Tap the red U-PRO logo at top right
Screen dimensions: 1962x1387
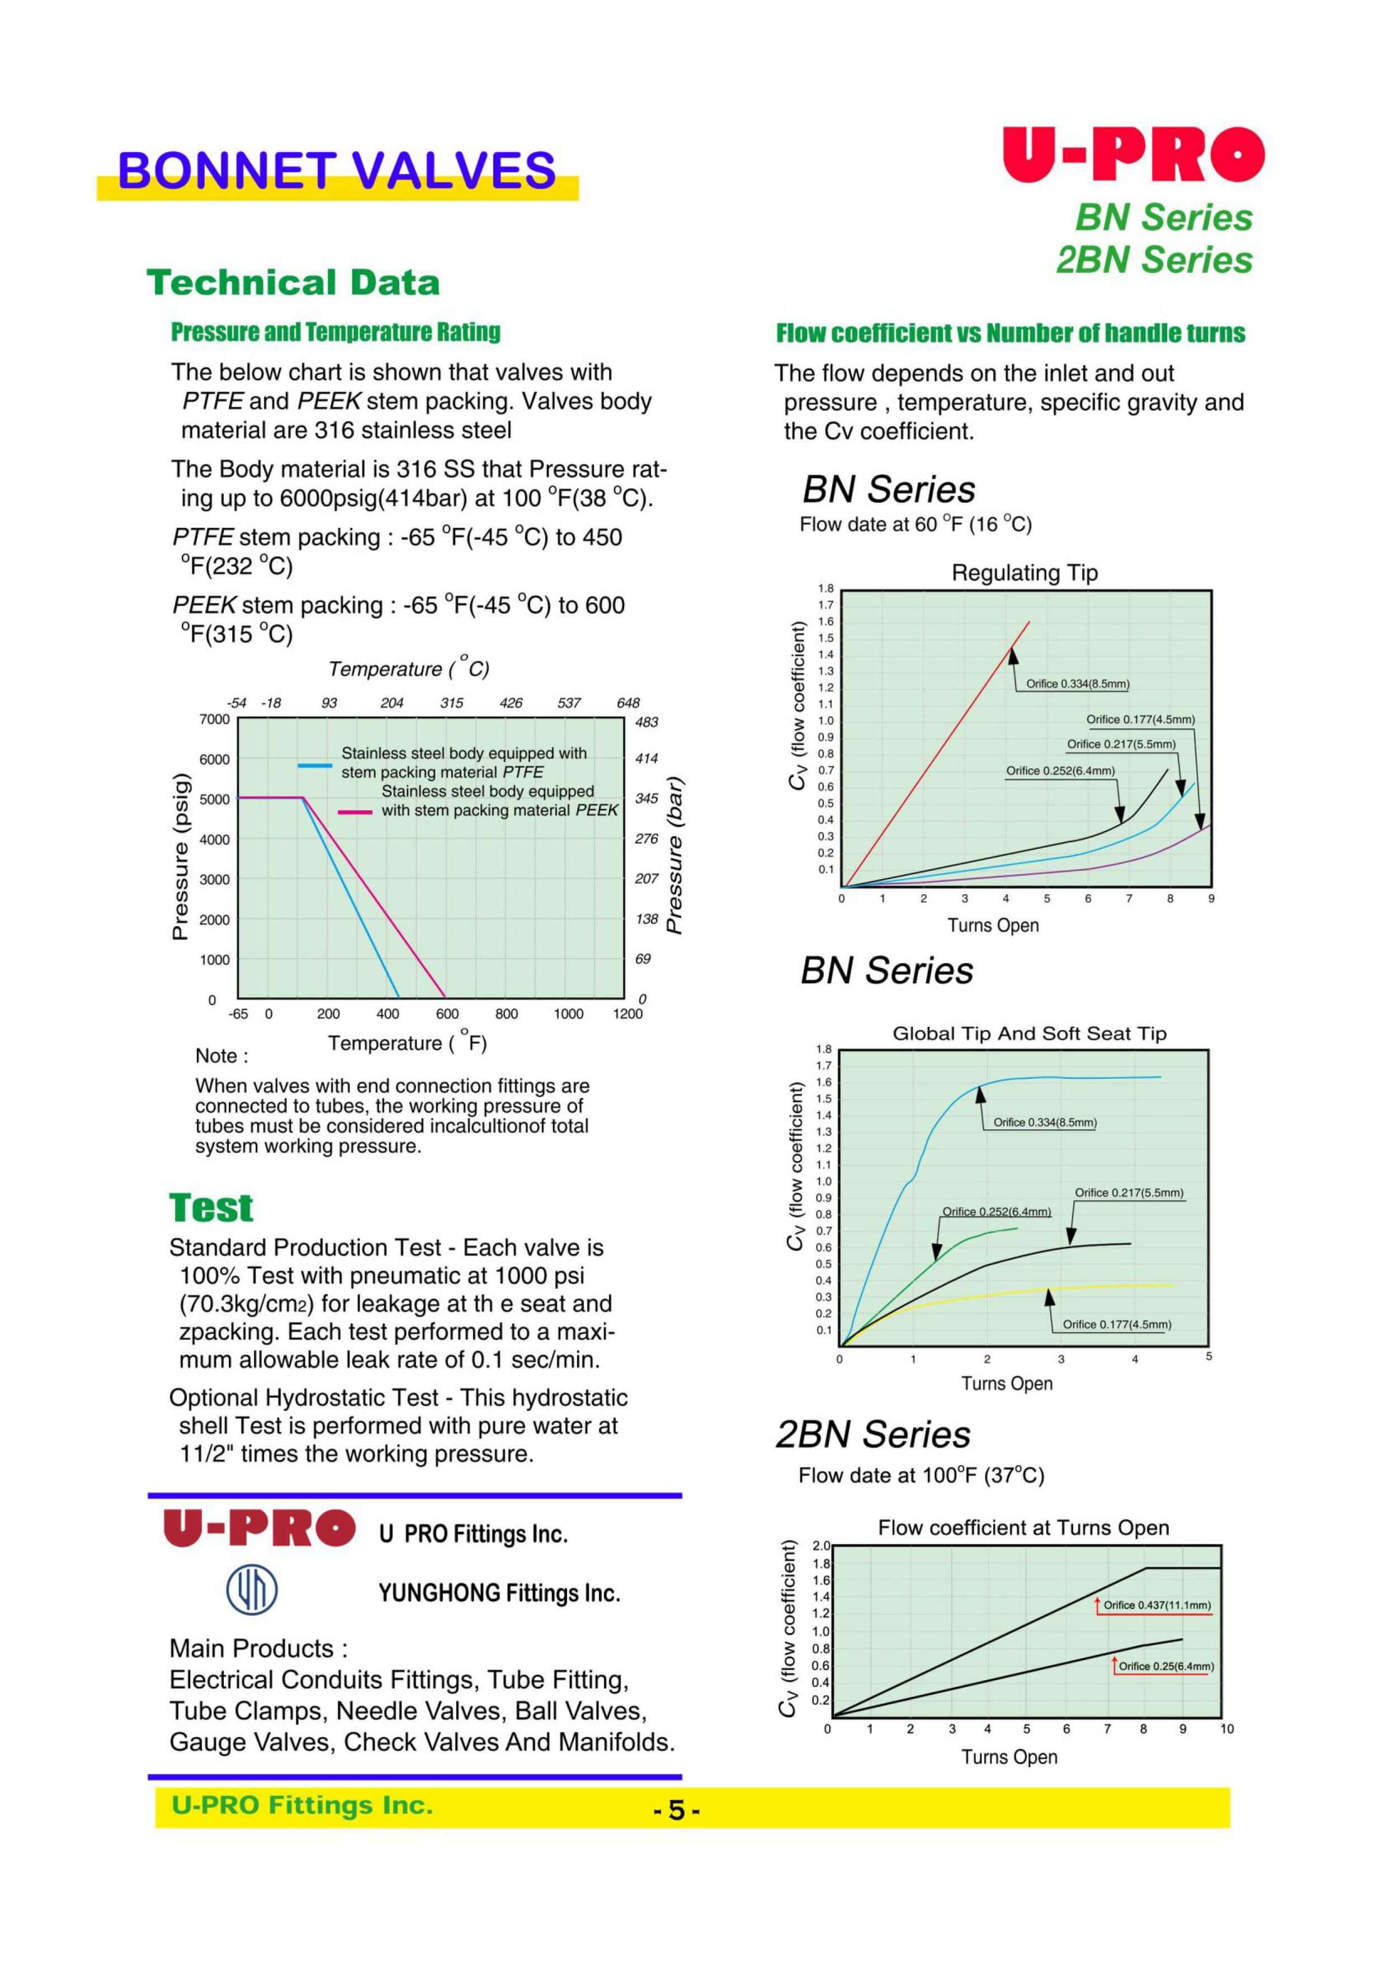point(1133,155)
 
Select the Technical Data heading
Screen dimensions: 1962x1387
point(293,283)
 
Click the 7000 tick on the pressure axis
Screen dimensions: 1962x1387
point(215,719)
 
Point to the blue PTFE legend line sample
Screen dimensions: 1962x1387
point(314,765)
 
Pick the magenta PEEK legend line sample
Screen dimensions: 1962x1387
point(355,812)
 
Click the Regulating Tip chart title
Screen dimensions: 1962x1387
point(1024,573)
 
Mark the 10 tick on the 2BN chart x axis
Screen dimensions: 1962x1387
point(1226,1729)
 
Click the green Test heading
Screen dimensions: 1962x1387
point(211,1208)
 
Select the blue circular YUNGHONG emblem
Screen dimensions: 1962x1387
point(251,1590)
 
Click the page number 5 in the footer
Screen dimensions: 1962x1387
point(676,1810)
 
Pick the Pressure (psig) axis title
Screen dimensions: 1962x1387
point(180,856)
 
